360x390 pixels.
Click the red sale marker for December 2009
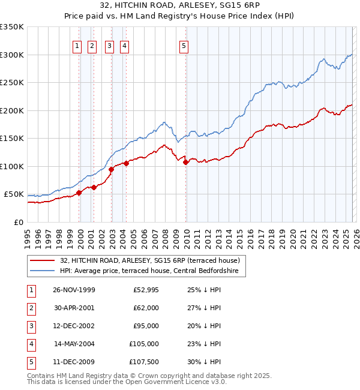[x=186, y=162]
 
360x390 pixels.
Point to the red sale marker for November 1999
[x=79, y=193]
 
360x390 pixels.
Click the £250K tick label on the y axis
[x=12, y=83]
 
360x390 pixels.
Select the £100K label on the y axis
[x=12, y=166]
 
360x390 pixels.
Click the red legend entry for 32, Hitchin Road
[x=150, y=260]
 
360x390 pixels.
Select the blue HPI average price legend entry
[x=149, y=271]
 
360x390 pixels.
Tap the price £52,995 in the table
[x=146, y=290]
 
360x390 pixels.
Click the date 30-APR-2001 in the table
[x=74, y=308]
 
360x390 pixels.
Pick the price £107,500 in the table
[x=144, y=362]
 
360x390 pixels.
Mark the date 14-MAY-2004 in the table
[x=74, y=344]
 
